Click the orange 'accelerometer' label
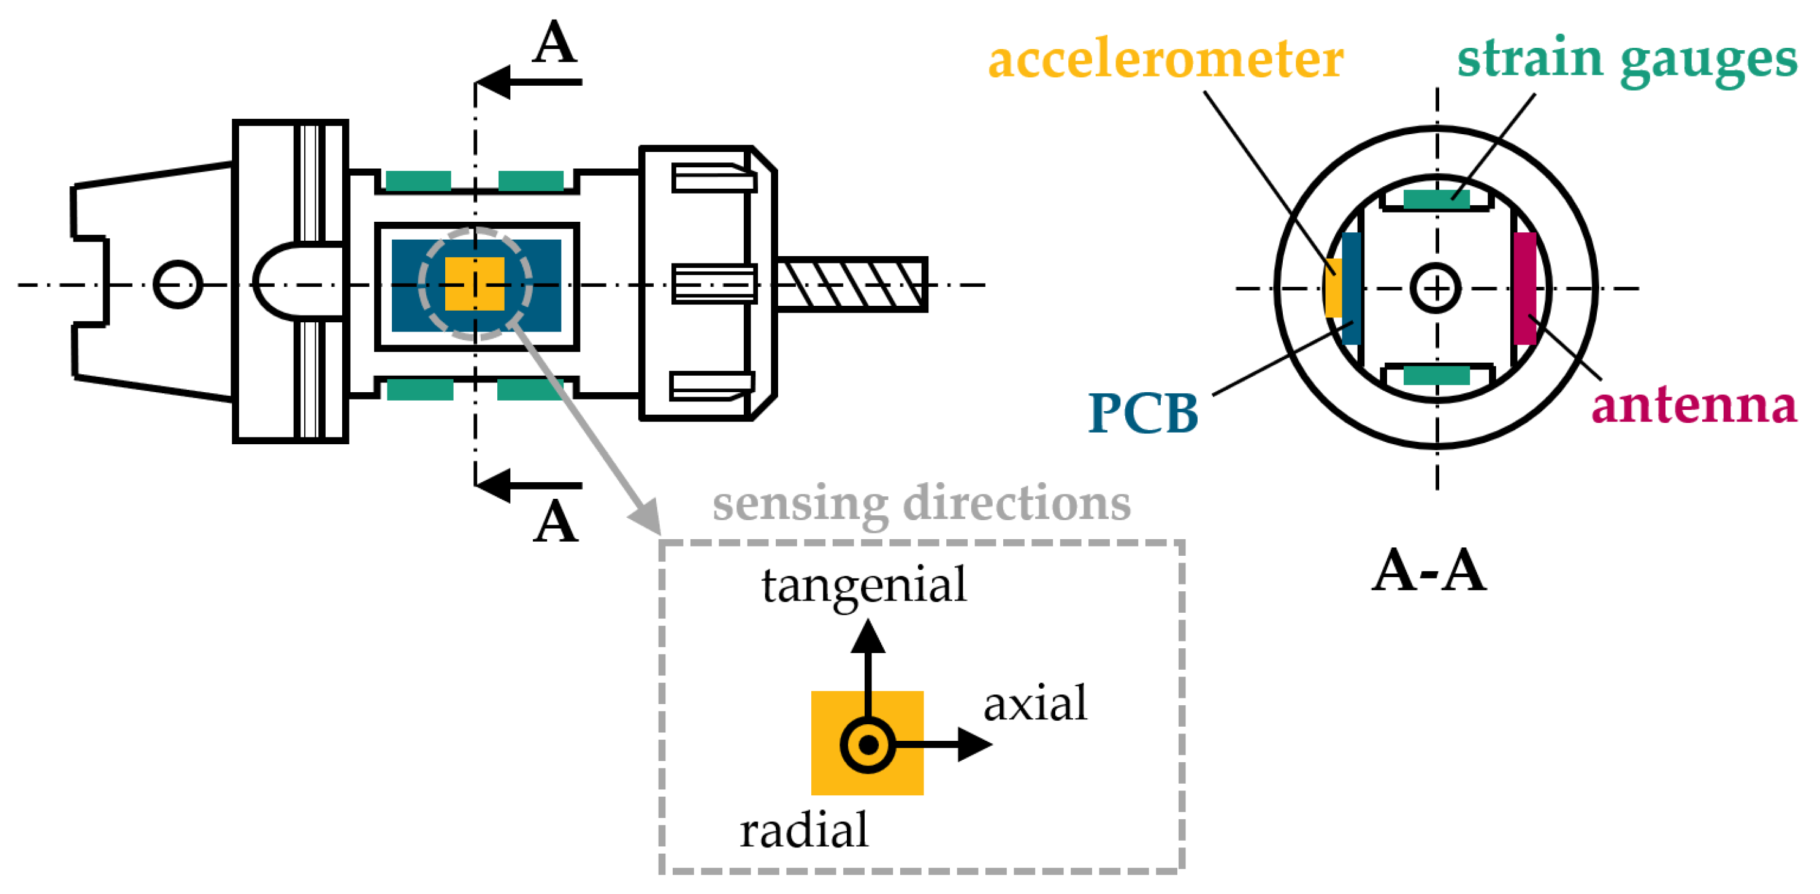point(1165,59)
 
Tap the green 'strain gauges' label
point(1626,59)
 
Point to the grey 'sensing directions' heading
point(920,504)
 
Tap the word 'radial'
point(803,830)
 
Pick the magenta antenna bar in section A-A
point(1524,288)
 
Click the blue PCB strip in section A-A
point(1351,288)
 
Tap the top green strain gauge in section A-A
point(1436,199)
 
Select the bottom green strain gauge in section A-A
point(1436,375)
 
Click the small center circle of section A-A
point(1436,288)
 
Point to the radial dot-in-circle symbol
point(868,744)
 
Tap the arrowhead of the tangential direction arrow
point(868,637)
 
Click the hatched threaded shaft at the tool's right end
point(851,284)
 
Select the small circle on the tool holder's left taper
point(178,284)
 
